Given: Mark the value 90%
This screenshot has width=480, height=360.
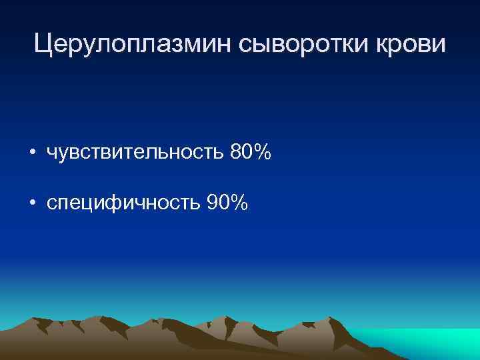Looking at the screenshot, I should click(227, 201).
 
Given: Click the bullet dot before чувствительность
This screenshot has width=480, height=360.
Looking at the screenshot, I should click(33, 153).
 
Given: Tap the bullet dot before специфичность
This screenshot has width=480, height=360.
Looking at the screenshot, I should click(33, 202).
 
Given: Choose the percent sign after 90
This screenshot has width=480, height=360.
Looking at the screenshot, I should click(239, 201).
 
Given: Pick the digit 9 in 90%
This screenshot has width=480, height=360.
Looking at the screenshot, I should click(213, 201).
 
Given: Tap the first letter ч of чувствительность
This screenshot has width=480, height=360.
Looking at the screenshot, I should click(51, 154).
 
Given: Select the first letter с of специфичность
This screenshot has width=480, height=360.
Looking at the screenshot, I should click(51, 203).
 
